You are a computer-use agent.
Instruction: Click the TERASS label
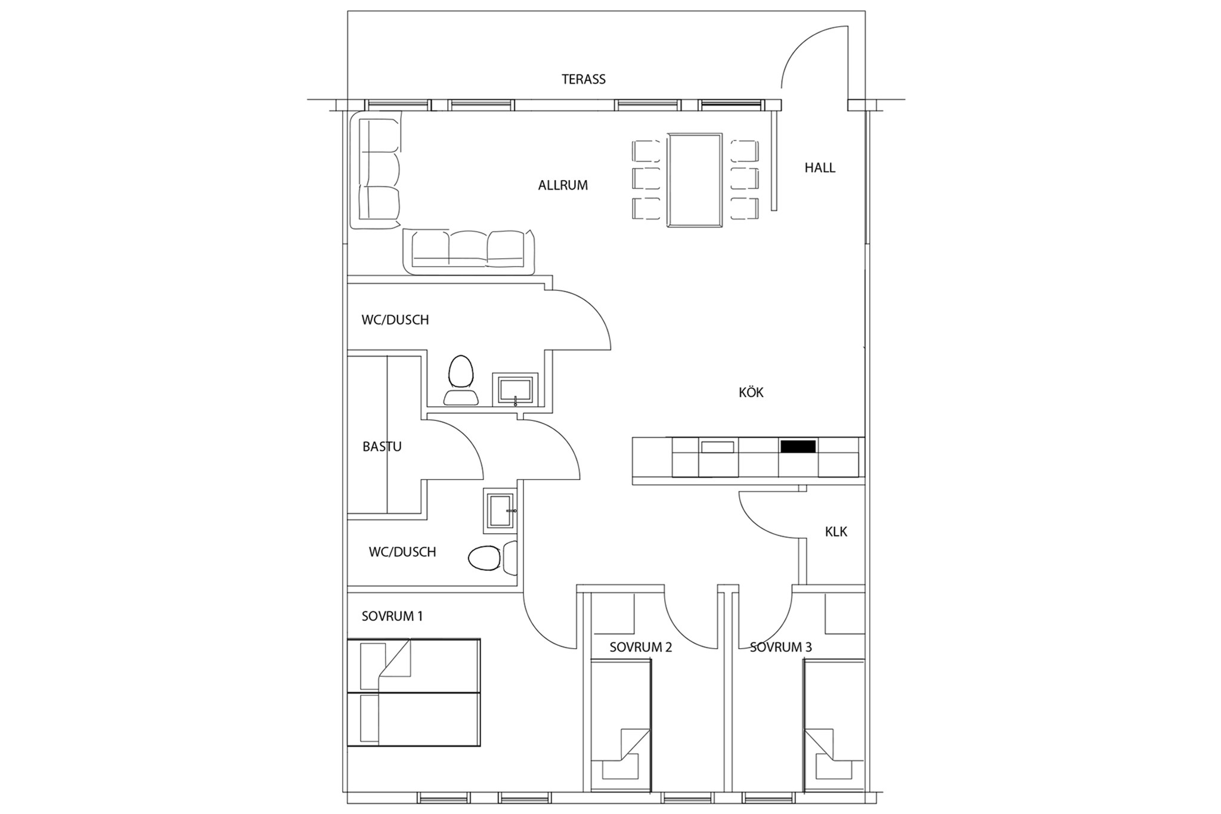click(583, 79)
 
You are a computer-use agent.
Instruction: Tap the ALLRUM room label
click(563, 185)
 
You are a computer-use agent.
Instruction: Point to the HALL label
click(820, 168)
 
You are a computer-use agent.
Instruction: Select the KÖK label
click(751, 392)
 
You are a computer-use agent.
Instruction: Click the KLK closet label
click(836, 532)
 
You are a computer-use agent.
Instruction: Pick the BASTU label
click(382, 447)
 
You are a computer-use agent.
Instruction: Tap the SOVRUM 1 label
click(392, 617)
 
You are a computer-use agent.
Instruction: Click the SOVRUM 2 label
click(640, 647)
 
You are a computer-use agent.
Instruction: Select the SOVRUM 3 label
click(780, 647)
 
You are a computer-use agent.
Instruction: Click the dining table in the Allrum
click(695, 180)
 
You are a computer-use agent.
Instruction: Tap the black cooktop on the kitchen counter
click(798, 446)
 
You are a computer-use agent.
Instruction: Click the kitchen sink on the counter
click(717, 447)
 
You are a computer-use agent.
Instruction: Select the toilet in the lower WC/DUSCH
click(492, 557)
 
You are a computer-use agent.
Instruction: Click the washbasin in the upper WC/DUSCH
click(515, 389)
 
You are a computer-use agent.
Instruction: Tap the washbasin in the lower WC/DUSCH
click(500, 511)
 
